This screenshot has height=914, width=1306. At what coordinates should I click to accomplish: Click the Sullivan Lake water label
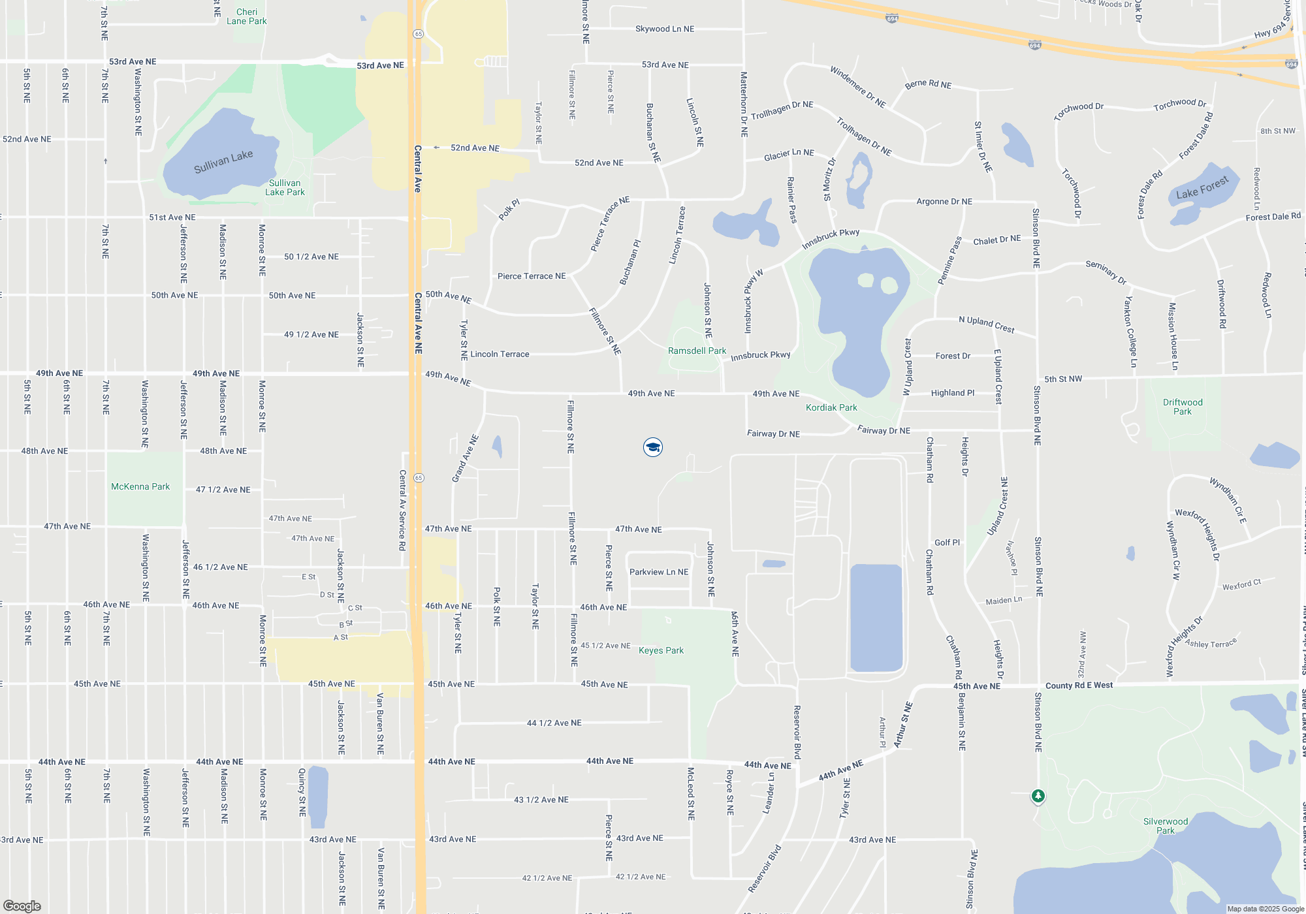pyautogui.click(x=223, y=161)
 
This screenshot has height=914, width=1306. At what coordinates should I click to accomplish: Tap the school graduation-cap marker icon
pyautogui.click(x=652, y=447)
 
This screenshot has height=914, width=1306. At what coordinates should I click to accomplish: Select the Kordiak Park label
pyautogui.click(x=831, y=407)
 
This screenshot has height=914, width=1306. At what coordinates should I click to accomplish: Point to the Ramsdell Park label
pyautogui.click(x=697, y=351)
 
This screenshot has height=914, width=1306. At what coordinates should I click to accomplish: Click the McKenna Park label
pyautogui.click(x=140, y=486)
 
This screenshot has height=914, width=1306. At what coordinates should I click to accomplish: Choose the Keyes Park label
pyautogui.click(x=661, y=650)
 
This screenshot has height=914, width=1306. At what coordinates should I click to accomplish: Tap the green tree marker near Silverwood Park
pyautogui.click(x=1038, y=796)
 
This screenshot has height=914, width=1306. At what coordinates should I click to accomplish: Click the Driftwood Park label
pyautogui.click(x=1182, y=407)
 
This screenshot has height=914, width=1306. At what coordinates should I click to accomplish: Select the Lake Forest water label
pyautogui.click(x=1202, y=188)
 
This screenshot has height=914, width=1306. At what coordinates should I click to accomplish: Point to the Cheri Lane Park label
pyautogui.click(x=247, y=16)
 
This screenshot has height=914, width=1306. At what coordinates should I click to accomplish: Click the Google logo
pyautogui.click(x=22, y=906)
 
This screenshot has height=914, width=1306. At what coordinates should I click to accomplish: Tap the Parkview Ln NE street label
pyautogui.click(x=658, y=572)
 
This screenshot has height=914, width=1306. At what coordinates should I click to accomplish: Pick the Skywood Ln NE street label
pyautogui.click(x=665, y=29)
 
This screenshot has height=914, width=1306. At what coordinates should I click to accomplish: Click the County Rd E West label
pyautogui.click(x=1079, y=685)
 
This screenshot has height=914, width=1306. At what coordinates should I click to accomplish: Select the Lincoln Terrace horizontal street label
pyautogui.click(x=500, y=354)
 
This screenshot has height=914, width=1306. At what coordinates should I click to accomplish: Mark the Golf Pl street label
pyautogui.click(x=947, y=543)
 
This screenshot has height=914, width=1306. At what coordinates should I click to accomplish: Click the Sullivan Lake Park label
pyautogui.click(x=285, y=187)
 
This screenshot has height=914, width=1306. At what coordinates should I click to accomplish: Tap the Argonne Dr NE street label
pyautogui.click(x=944, y=202)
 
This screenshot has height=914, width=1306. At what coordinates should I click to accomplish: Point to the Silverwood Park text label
pyautogui.click(x=1166, y=826)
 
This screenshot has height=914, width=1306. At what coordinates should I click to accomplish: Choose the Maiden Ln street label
pyautogui.click(x=1004, y=601)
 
